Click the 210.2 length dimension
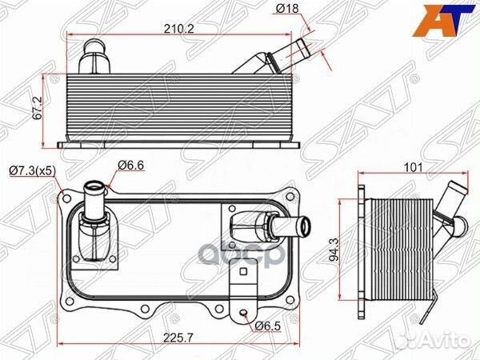(x=178, y=29)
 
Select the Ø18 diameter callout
(x=287, y=8)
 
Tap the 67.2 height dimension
(x=38, y=109)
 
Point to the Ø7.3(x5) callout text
(x=33, y=170)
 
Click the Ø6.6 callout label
(x=130, y=166)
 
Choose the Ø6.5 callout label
(x=267, y=326)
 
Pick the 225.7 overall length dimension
(x=178, y=338)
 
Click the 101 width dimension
(x=413, y=167)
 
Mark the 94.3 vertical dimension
(x=334, y=250)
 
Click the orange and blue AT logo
(x=442, y=21)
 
